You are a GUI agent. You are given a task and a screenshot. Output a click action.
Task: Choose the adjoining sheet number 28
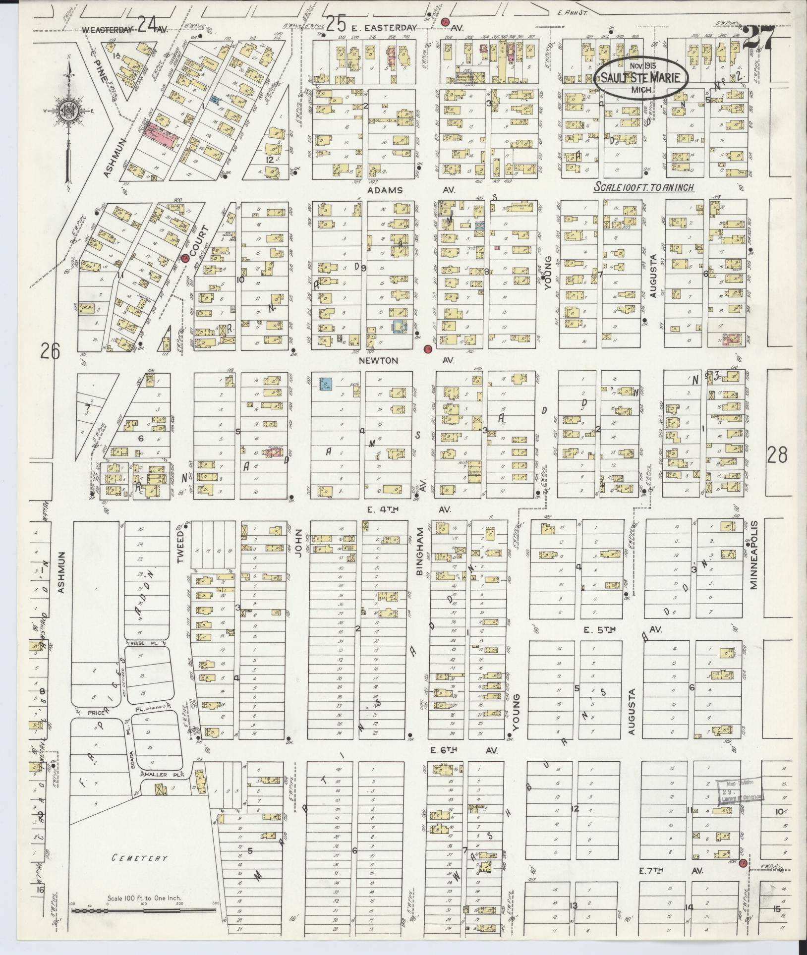coord(777,454)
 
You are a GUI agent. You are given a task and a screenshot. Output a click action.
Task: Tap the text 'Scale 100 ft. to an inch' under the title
coord(644,188)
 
